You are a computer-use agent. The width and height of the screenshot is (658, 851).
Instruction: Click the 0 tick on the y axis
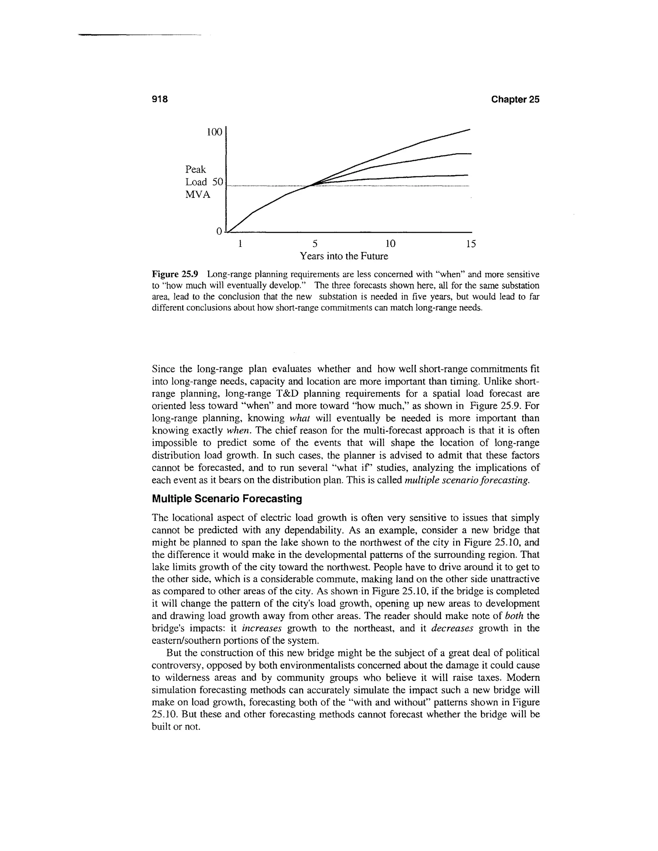219,232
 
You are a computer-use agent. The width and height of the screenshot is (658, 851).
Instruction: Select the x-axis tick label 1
241,244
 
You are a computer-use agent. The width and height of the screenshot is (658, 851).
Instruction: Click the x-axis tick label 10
390,244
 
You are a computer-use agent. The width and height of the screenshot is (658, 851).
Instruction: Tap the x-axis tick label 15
471,244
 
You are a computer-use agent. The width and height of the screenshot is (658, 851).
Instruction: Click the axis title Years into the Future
344,256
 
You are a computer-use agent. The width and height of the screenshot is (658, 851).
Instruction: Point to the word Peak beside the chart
196,170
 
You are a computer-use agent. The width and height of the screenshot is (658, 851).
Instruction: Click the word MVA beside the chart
198,194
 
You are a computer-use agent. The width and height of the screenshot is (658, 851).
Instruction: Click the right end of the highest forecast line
470,129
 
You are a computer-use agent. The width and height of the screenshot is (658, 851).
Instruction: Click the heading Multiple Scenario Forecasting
227,499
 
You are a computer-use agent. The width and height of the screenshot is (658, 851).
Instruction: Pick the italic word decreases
452,628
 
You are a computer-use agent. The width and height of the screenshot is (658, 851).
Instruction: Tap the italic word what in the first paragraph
300,418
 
